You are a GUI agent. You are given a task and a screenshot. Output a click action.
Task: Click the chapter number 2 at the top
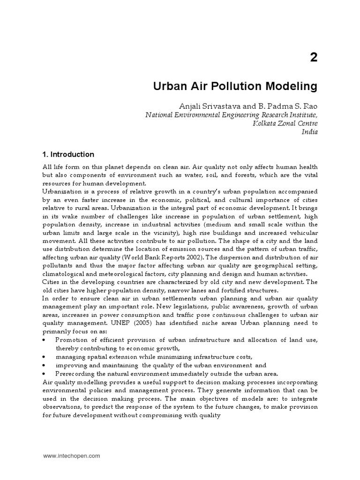313,58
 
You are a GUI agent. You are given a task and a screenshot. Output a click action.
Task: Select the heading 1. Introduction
68,154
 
